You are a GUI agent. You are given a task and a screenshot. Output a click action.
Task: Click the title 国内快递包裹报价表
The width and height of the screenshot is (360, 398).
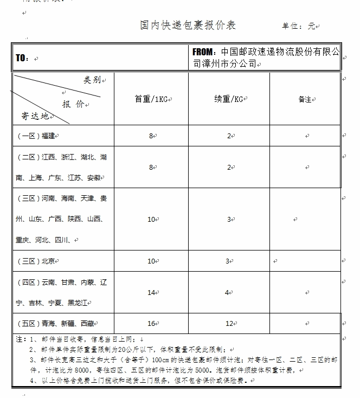point(188,25)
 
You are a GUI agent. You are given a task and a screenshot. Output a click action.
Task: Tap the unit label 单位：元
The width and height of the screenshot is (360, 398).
point(298,26)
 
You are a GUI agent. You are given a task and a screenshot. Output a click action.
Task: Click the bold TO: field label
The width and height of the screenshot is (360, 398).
point(22,58)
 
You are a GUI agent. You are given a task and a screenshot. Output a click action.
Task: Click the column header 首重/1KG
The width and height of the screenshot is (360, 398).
point(152,99)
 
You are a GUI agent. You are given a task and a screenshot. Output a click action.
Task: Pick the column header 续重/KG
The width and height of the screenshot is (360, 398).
point(228,99)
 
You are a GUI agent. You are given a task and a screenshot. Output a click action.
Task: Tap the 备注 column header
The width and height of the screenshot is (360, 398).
point(305,100)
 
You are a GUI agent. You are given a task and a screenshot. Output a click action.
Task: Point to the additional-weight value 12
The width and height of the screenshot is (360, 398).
point(228,324)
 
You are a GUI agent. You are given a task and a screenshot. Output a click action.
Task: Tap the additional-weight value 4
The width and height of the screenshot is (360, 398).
point(228,293)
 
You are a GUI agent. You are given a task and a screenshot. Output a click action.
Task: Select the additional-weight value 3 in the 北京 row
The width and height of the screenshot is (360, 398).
point(228,261)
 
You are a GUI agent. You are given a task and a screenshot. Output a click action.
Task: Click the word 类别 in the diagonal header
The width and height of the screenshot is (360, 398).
point(92,80)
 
